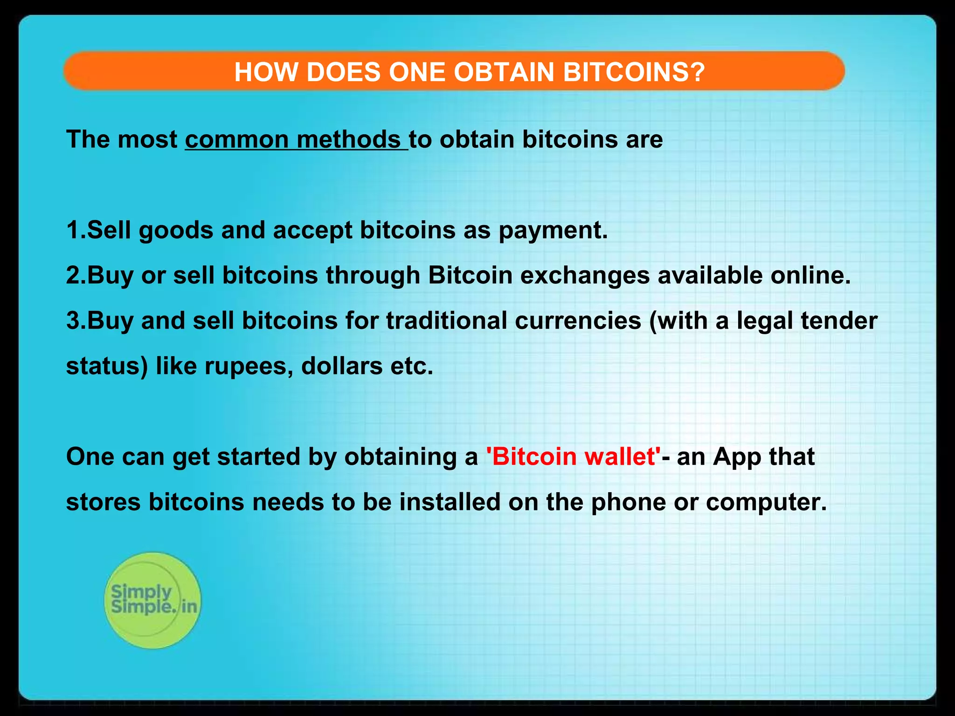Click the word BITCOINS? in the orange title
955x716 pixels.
(x=634, y=72)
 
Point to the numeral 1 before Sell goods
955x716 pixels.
(x=73, y=230)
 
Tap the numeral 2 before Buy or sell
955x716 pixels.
(x=74, y=275)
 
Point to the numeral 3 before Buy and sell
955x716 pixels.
(x=74, y=321)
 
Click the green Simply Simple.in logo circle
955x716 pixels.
(x=152, y=600)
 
